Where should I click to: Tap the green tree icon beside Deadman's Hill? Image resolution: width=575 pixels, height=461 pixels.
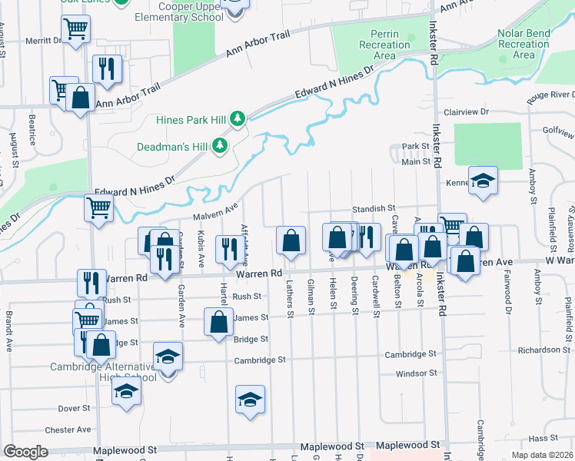221,145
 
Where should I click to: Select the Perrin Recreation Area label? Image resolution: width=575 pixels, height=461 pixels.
384,45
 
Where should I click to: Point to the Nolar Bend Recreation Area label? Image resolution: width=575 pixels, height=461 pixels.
523,45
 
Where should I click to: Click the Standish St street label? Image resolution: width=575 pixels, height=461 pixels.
374,208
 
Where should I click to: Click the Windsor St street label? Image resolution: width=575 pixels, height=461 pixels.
416,374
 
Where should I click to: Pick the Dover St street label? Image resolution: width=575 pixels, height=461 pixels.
74,408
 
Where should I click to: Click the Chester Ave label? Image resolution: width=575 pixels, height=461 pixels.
68,430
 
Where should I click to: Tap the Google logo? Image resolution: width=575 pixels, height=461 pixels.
25,452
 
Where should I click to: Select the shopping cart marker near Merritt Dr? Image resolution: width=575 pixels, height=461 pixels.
75,30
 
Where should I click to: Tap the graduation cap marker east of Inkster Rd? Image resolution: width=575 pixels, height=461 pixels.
483,181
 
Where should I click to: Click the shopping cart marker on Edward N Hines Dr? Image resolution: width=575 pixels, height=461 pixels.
99,207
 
